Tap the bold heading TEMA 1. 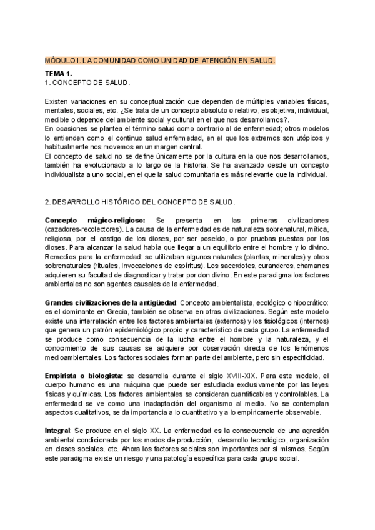point(58,74)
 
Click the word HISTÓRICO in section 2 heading point(124,202)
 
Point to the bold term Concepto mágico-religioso point(95,221)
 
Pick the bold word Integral point(58,431)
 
